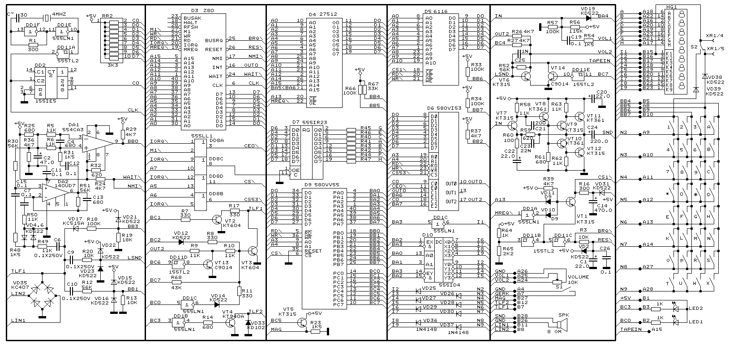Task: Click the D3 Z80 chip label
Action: pyautogui.click(x=200, y=10)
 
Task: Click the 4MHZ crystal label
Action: pyautogui.click(x=60, y=14)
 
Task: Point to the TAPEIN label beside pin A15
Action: pyautogui.click(x=630, y=330)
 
